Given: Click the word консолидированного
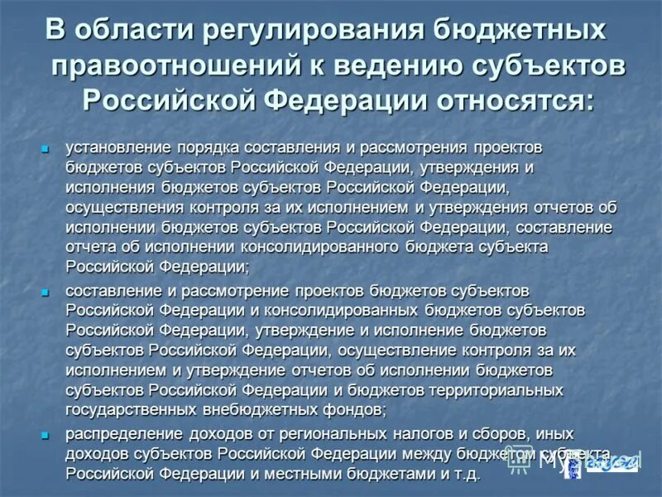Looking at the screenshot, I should point(320,247).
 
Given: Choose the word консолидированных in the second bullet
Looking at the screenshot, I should point(357,310).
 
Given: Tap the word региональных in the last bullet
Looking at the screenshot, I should point(289,434).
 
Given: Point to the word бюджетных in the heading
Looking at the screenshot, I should point(511,31).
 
